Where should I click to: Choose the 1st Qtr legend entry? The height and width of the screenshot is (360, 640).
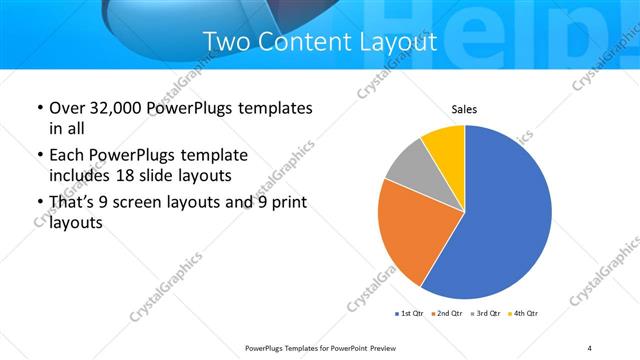[411, 314]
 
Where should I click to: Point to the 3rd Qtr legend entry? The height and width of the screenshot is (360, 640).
[485, 314]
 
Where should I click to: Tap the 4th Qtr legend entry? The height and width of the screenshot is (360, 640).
[522, 314]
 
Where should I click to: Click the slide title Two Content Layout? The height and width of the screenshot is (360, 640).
[319, 42]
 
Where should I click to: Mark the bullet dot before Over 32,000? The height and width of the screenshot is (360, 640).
[39, 108]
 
